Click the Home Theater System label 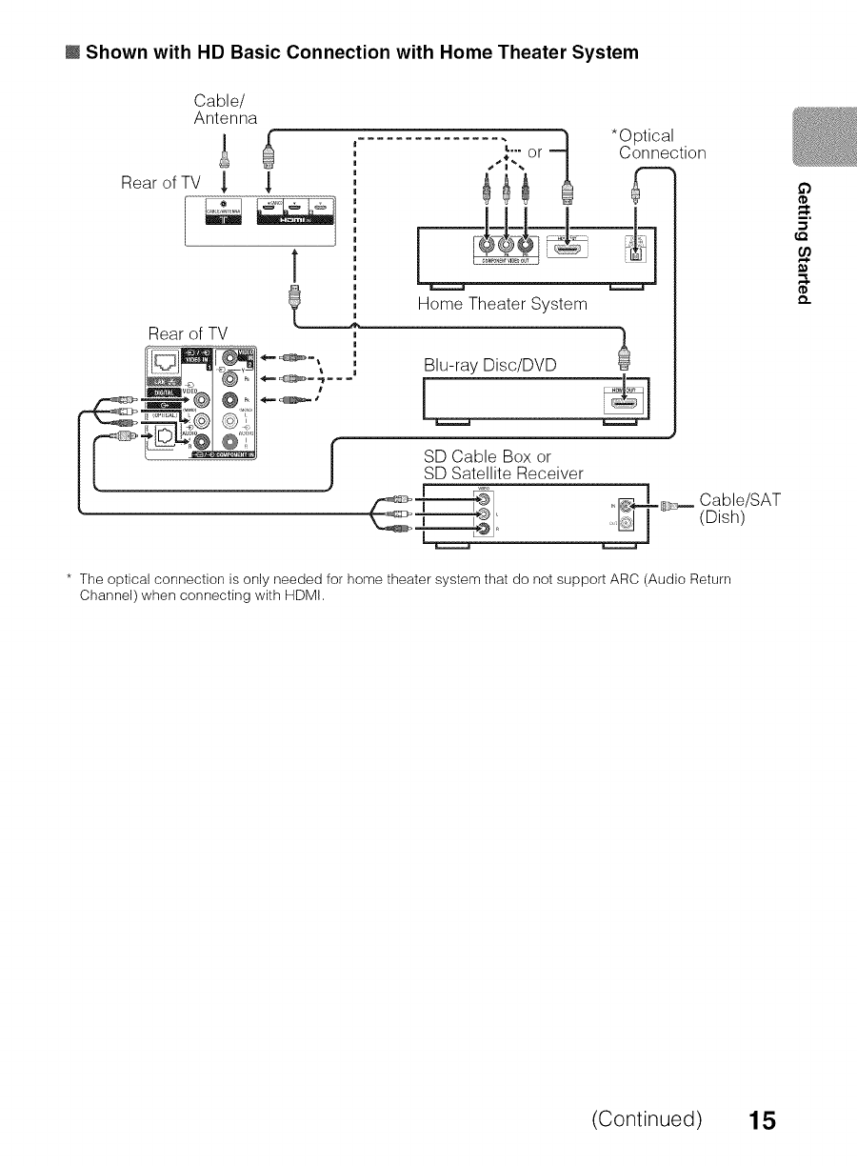coord(502,304)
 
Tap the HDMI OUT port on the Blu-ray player coord(624,404)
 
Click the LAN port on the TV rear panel coord(164,366)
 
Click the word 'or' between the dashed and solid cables coord(534,152)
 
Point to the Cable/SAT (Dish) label coord(740,509)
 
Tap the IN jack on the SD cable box coord(626,506)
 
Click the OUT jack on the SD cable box coord(626,523)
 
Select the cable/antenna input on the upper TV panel coord(224,214)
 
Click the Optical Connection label coord(662,144)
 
